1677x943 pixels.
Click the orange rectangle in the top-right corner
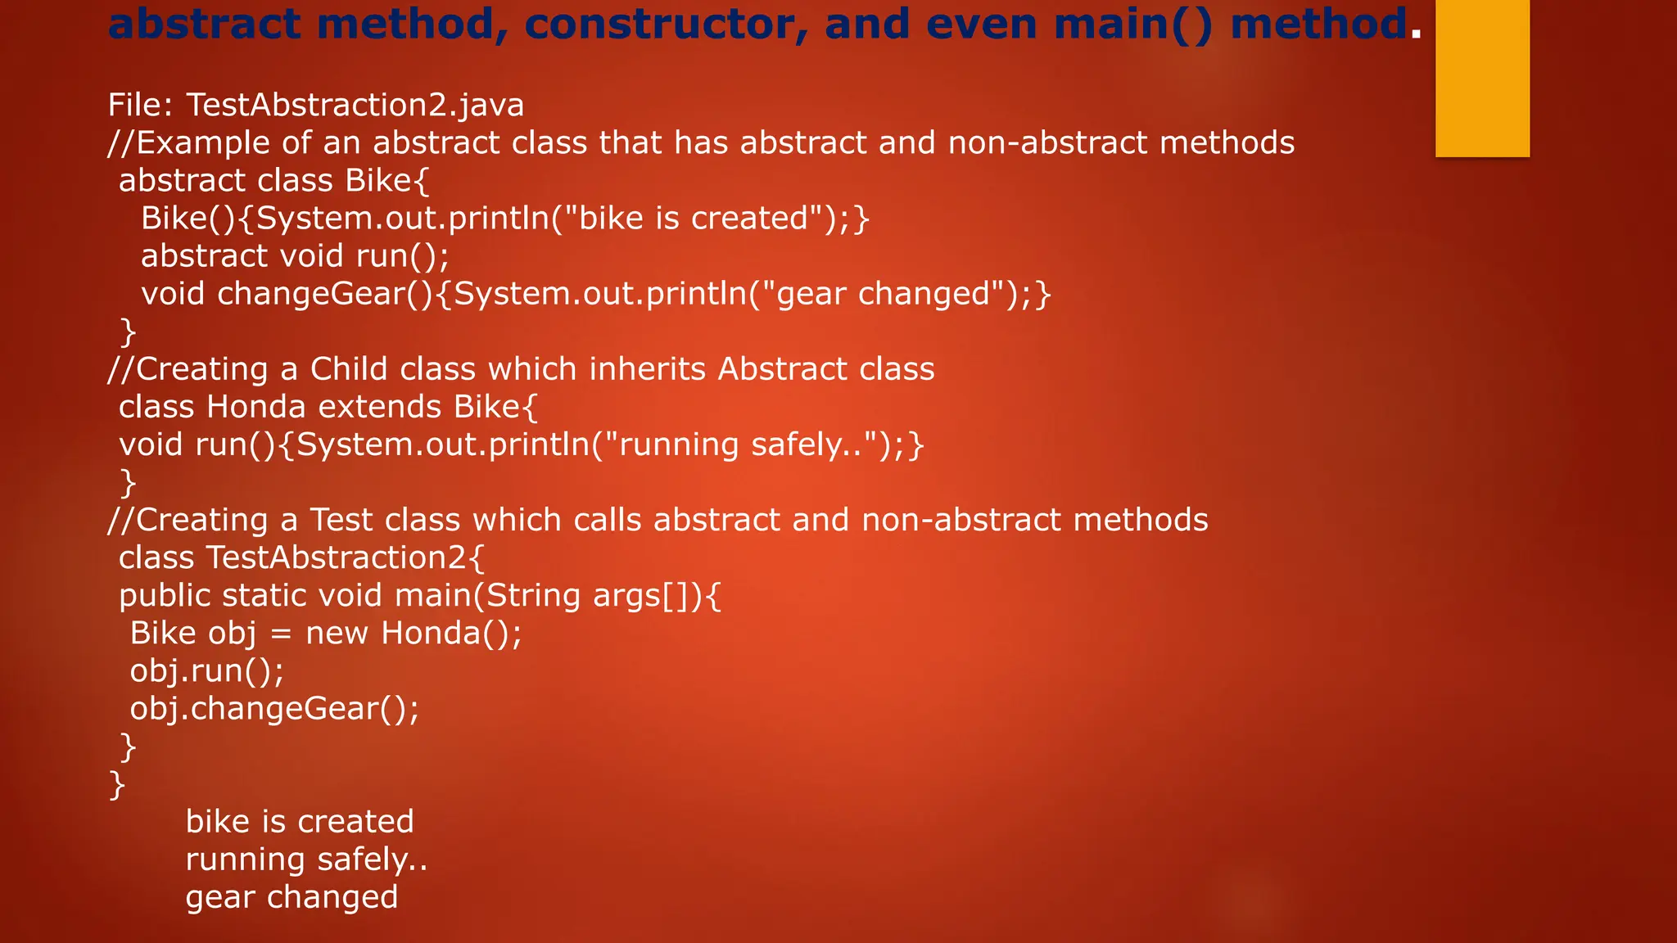click(x=1482, y=78)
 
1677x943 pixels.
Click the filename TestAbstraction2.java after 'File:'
click(x=355, y=106)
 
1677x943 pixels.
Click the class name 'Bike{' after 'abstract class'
click(x=387, y=181)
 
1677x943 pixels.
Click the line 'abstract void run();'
click(x=295, y=256)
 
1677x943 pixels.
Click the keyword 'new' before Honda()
click(x=337, y=633)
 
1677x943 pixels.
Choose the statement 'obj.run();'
click(x=207, y=671)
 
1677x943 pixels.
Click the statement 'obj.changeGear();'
click(x=274, y=709)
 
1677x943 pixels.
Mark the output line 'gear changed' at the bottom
click(x=292, y=897)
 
